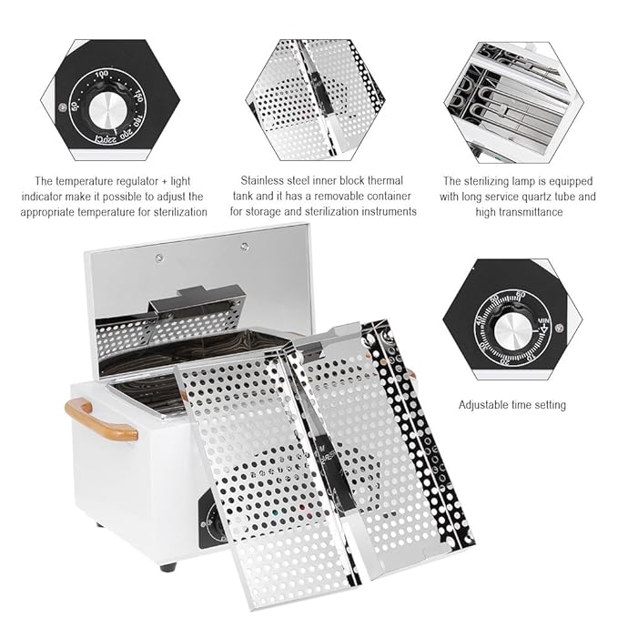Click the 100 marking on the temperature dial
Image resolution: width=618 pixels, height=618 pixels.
coord(101,74)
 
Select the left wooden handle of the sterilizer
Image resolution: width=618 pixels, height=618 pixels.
coord(99,420)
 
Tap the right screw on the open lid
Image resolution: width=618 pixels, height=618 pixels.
coord(244,246)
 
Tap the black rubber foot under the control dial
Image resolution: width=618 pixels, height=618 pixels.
coord(167,566)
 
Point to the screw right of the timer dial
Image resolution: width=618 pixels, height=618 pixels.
coord(558,328)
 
